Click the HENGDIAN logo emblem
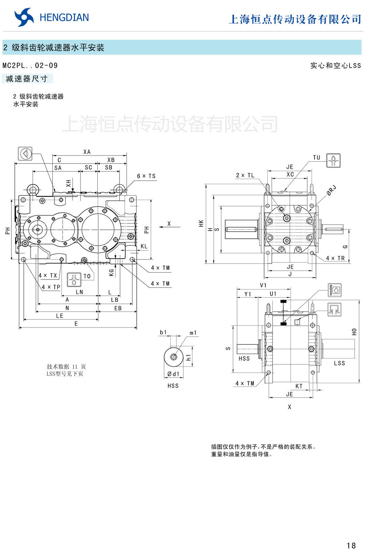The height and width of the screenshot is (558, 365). click(x=24, y=17)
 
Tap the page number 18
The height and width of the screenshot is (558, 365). click(x=351, y=545)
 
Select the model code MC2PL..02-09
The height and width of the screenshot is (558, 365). click(x=30, y=66)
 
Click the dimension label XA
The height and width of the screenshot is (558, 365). click(x=87, y=152)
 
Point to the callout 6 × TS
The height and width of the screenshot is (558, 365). click(x=146, y=176)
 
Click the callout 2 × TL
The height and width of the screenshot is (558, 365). click(x=245, y=175)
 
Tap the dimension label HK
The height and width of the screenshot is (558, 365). click(x=201, y=223)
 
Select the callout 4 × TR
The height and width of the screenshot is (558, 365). click(x=335, y=258)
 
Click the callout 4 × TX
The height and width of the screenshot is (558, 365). click(x=48, y=275)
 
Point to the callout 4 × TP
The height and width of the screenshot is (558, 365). click(x=51, y=287)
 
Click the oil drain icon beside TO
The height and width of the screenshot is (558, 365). click(x=74, y=280)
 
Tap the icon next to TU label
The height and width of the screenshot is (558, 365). click(x=333, y=160)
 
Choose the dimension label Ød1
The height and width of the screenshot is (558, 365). click(x=173, y=374)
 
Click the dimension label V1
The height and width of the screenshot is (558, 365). click(x=263, y=285)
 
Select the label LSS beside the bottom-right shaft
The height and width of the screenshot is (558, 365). click(x=339, y=363)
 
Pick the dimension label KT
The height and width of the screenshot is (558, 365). click(x=299, y=386)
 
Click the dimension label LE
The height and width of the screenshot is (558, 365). click(x=60, y=316)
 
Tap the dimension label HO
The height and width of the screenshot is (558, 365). click(x=354, y=332)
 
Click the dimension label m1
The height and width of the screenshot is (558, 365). click(x=193, y=333)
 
